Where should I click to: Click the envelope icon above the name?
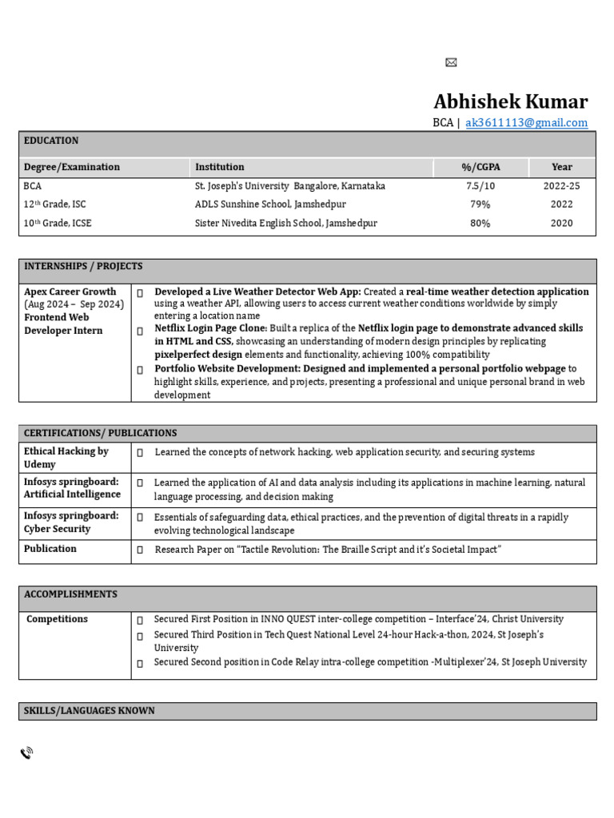click(451, 63)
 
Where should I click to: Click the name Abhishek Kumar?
click(510, 102)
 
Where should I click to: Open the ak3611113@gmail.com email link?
click(526, 123)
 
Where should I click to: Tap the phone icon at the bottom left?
click(26, 752)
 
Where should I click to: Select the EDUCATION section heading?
click(51, 141)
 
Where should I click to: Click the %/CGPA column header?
click(481, 167)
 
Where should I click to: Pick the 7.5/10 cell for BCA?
click(480, 186)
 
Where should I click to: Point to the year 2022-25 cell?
click(561, 186)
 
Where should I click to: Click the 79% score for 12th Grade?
click(480, 204)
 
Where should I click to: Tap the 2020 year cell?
click(561, 224)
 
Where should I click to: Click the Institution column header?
click(220, 167)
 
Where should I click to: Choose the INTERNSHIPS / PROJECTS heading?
click(83, 266)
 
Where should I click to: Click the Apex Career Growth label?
click(70, 292)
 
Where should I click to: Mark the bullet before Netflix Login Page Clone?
click(140, 330)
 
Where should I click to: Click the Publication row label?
click(50, 549)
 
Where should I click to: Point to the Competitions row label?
click(57, 619)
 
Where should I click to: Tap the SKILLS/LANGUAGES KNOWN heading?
click(90, 711)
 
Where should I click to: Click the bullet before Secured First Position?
click(140, 621)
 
